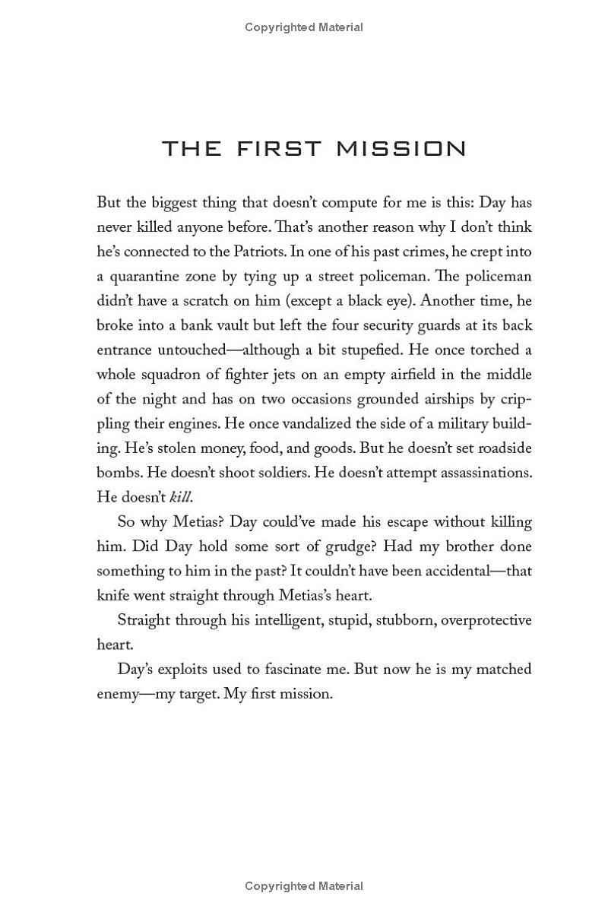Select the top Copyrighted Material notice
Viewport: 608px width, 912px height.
[304, 27]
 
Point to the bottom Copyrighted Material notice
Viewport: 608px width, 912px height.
[304, 885]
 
